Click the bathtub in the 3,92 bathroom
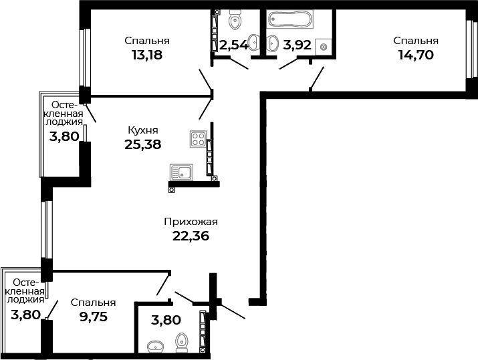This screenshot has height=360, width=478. pos(290,19)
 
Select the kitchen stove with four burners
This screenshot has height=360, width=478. pos(198,139)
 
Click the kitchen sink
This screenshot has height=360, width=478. pos(181,172)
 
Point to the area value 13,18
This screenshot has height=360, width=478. pos(147,55)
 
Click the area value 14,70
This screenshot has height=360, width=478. pos(416,55)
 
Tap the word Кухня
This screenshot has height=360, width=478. pos(143,131)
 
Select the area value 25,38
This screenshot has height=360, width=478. pos(142,144)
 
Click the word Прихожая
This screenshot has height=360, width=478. pos(191,222)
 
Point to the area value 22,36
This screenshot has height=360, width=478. pos(191,236)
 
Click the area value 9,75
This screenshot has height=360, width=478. pos(94,317)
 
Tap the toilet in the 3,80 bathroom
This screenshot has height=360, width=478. pos(181,343)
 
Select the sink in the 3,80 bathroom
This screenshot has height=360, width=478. pos(156,347)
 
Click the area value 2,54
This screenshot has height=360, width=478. pos(233,45)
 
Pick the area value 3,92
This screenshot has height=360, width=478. pos(297,45)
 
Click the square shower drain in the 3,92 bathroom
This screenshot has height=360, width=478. pos(324,47)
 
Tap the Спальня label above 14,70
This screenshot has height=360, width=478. pos(416,41)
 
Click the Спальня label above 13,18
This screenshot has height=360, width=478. pos(147,41)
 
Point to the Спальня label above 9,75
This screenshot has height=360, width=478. pos(94,303)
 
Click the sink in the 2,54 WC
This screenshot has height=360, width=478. pos(253,42)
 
